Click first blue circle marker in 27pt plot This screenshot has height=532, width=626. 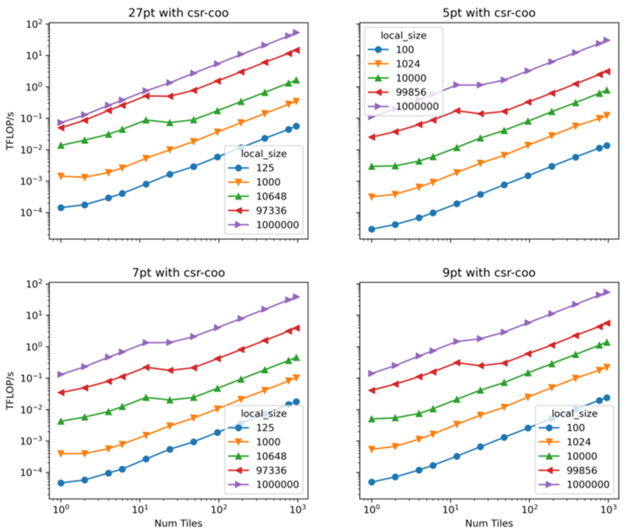[61, 207]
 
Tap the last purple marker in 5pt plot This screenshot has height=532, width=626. [606, 40]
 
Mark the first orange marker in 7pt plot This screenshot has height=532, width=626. [61, 454]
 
